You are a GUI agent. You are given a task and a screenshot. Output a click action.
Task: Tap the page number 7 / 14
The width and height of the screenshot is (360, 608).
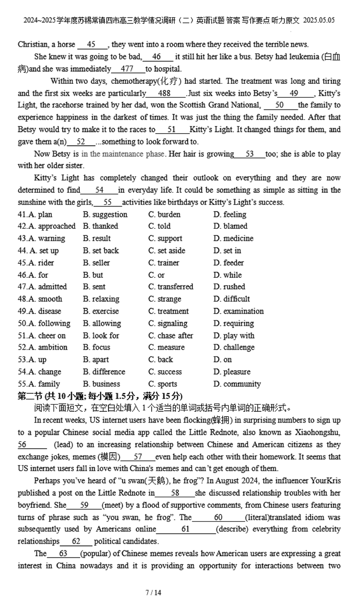[153, 592]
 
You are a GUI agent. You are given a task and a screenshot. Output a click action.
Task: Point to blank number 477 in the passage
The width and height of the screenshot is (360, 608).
[127, 69]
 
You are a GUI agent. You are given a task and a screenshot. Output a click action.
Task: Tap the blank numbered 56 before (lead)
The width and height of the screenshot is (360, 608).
[22, 445]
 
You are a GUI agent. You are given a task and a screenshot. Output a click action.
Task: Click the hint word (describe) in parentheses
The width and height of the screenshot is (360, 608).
[233, 529]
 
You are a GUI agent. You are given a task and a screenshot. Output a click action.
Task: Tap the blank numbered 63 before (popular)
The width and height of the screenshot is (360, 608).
[63, 554]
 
